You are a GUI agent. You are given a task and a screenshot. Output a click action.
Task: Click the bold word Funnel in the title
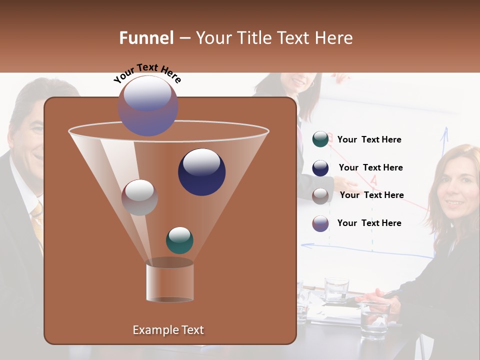[x=146, y=38]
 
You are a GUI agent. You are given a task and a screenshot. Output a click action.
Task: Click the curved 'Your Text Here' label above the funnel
[x=147, y=72]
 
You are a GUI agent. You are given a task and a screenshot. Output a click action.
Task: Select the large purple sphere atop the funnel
[x=148, y=105]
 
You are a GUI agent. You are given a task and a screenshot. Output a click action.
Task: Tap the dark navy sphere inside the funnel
[x=201, y=171]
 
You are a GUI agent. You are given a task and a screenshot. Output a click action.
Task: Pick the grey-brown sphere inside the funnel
[x=139, y=197]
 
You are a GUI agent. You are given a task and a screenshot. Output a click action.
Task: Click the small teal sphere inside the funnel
[x=179, y=240]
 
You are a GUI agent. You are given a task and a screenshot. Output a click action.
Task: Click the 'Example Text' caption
[x=168, y=330]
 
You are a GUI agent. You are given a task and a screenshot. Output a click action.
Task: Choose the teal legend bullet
[x=320, y=139]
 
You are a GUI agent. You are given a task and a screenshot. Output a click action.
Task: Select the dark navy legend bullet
[x=320, y=168]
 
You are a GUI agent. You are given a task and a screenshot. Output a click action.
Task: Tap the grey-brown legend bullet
[x=320, y=195]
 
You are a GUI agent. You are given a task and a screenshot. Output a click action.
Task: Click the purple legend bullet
[x=320, y=223]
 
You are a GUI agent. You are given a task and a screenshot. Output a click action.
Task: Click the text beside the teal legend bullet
[x=369, y=140]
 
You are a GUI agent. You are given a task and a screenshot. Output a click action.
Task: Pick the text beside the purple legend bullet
[x=369, y=223]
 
